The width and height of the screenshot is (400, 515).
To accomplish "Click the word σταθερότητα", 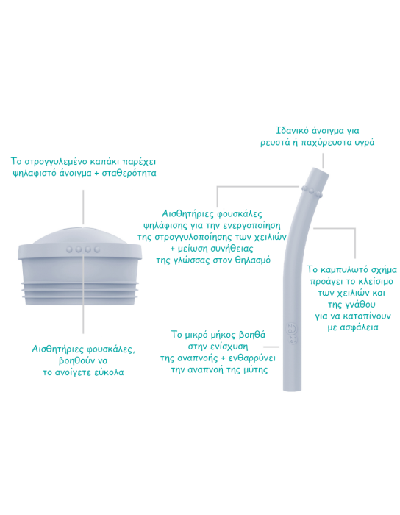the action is pos(129,173).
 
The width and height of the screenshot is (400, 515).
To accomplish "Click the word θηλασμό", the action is pos(253,260).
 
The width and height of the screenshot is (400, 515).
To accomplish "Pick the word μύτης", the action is pos(256,370).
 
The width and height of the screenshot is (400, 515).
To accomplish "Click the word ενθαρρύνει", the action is pos(251,358).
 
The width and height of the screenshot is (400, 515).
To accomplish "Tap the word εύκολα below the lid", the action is pos(108,372).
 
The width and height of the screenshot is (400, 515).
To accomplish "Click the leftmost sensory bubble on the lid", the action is pos(70,249).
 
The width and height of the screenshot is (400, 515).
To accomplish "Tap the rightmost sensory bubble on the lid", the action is pos(97,249).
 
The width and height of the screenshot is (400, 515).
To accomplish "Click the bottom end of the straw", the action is pos(292,389).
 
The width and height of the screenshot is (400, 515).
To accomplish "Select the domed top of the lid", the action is pos(80,236).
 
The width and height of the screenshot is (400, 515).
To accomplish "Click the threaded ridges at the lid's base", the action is pos(79,290).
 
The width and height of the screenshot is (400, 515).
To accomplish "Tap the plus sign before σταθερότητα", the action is pos(96,174).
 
